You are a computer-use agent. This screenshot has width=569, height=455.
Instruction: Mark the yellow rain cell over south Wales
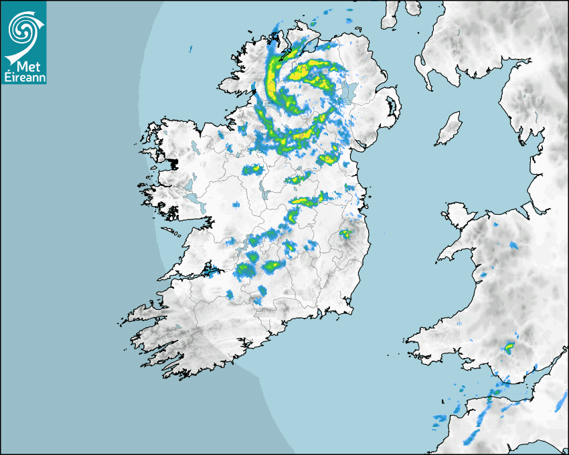click(509, 346)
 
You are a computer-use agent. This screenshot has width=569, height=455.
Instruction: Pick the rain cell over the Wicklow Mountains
click(345, 234)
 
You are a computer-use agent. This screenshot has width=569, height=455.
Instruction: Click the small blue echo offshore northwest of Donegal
click(190, 49)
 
